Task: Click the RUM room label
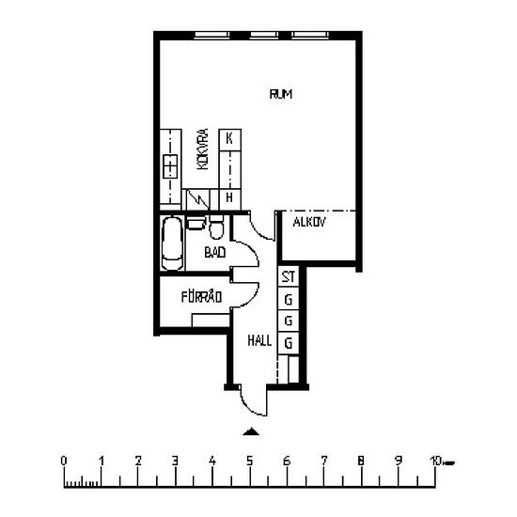281,94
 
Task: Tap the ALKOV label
309,222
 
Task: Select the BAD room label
215,253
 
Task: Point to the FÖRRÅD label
201,297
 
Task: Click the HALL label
259,340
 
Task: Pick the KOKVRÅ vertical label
203,149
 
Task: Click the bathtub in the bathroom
172,243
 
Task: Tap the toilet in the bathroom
216,227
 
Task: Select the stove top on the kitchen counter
170,166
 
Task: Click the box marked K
229,140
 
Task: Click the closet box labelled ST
289,276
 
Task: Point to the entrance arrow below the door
251,431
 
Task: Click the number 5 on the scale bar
250,461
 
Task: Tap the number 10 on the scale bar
436,461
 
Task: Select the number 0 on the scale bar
64,461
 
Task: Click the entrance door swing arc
250,406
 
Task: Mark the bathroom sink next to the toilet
196,223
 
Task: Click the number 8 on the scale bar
361,461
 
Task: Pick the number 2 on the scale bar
138,461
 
